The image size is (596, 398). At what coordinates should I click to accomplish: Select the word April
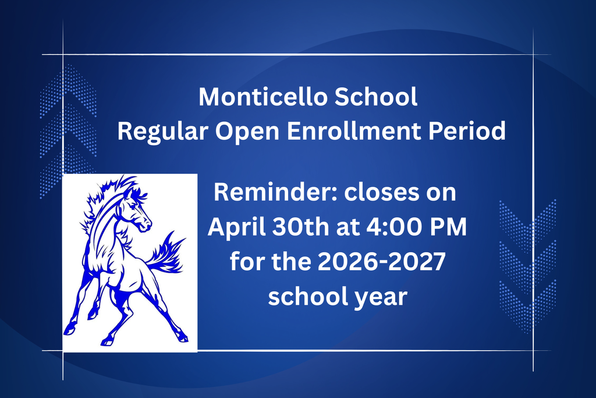tap(233, 227)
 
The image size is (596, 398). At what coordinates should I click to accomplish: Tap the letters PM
tap(447, 227)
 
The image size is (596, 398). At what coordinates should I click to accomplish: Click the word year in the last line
tap(378, 298)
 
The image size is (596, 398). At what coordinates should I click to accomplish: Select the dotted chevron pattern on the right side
tap(527, 265)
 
